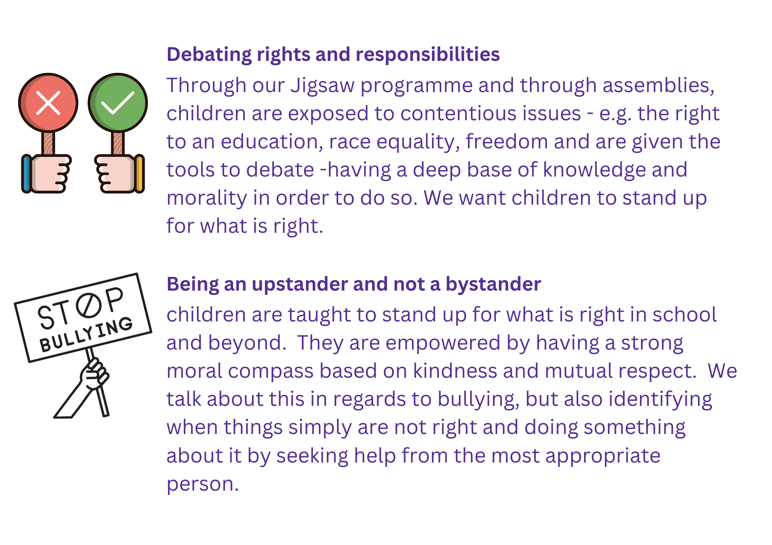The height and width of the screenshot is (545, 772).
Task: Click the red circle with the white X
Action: tap(48, 103)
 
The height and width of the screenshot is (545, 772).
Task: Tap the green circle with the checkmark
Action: tap(118, 103)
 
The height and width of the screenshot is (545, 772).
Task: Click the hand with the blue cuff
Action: tap(46, 173)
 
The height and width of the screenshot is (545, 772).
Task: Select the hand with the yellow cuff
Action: tap(120, 173)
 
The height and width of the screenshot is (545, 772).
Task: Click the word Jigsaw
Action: tap(323, 86)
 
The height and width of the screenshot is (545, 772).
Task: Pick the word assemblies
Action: tap(659, 86)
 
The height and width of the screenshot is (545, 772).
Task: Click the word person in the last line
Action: tap(203, 485)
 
